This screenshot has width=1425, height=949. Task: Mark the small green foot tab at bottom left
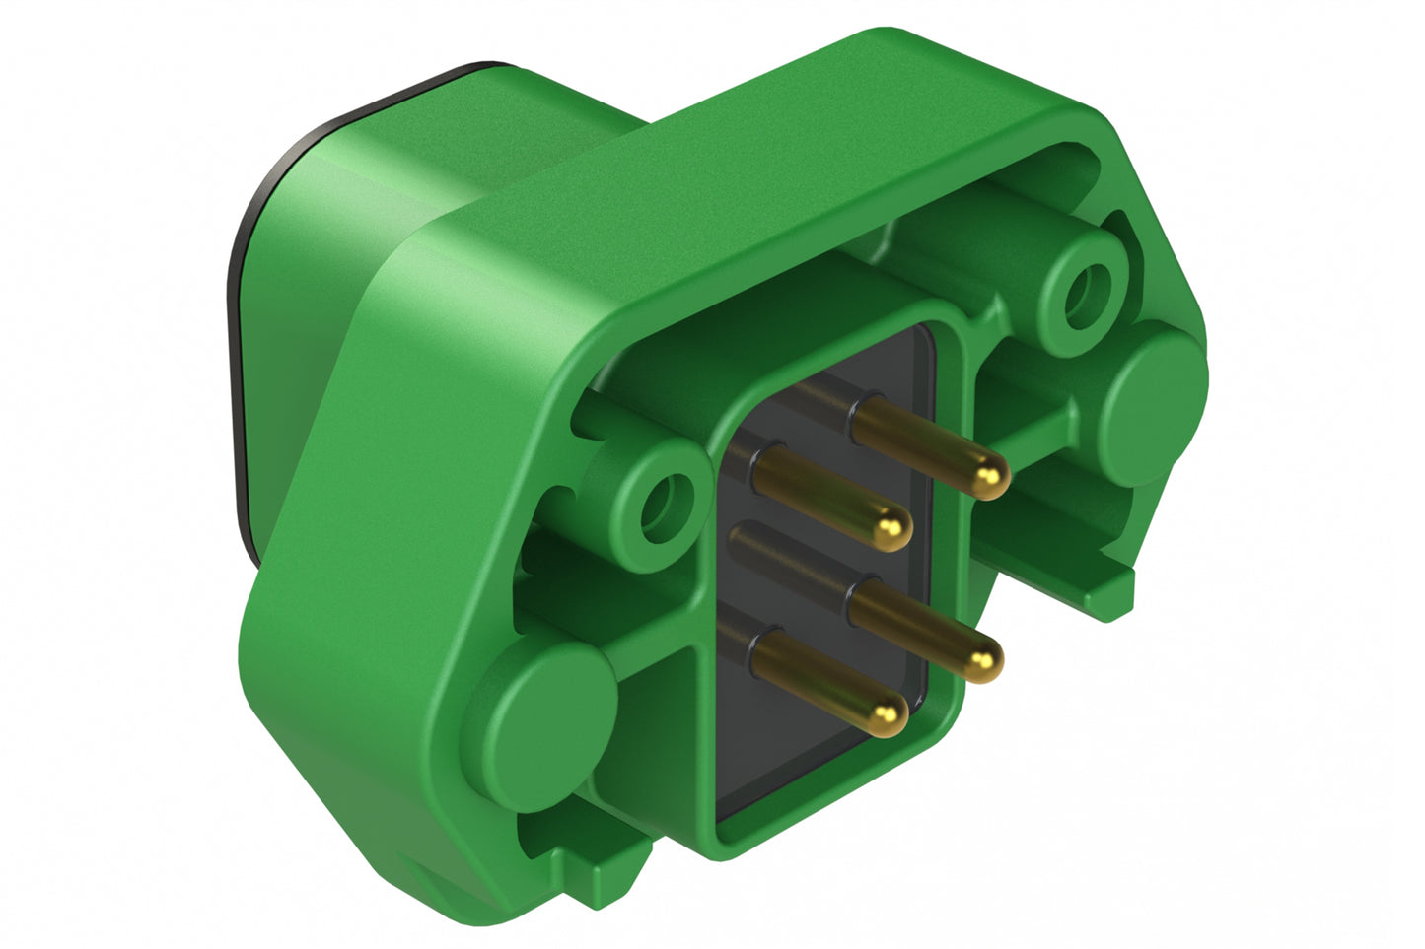tap(597, 867)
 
